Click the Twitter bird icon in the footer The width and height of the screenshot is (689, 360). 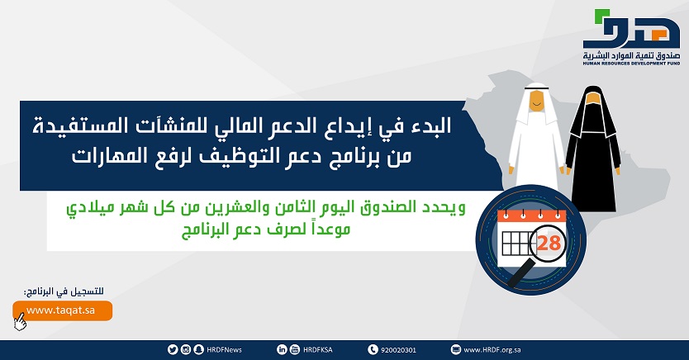tap(173, 349)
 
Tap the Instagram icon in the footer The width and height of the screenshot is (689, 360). tap(186, 349)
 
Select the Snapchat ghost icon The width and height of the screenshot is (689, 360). tap(198, 349)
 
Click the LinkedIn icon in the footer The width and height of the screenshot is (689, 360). tap(282, 349)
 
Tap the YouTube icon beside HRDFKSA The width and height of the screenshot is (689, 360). tap(295, 349)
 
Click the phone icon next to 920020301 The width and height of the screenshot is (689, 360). tap(373, 349)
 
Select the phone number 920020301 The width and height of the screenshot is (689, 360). tap(398, 350)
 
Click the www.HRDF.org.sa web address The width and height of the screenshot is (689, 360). tap(492, 350)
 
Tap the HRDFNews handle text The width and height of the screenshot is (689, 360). tap(224, 350)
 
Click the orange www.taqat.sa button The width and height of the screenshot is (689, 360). tap(63, 310)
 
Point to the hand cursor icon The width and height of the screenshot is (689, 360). tap(19, 322)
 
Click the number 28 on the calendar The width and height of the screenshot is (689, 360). tap(549, 243)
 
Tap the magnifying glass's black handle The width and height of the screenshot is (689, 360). tap(521, 272)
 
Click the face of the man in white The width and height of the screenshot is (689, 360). tap(535, 102)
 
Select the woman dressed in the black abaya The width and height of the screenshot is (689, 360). tap(593, 149)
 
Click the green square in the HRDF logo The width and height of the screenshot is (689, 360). tap(602, 17)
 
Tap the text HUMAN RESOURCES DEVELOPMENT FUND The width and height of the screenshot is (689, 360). tap(631, 64)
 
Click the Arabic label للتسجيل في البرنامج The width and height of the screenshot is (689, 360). tap(64, 291)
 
